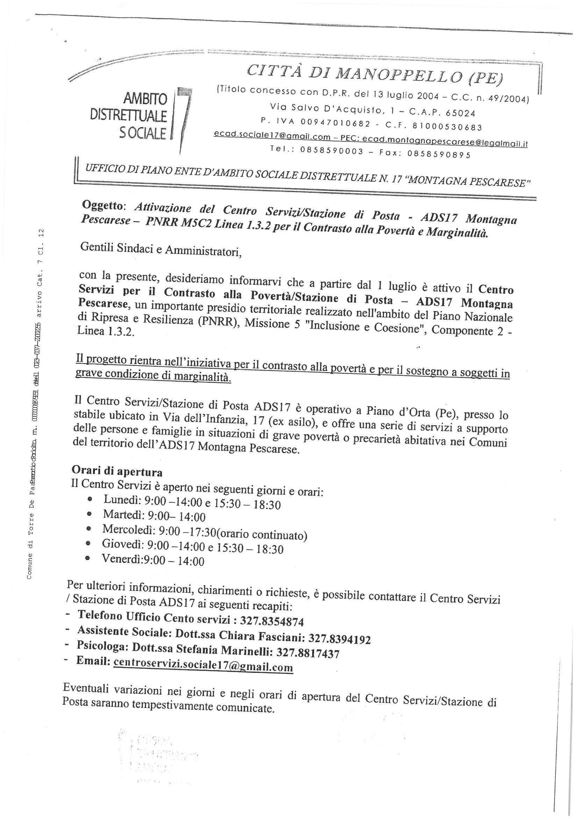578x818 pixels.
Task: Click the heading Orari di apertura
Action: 117,471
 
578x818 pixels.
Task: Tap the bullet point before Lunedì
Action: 90,500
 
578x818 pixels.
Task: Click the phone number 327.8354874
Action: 272,621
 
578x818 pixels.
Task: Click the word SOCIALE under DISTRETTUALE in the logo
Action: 142,133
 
